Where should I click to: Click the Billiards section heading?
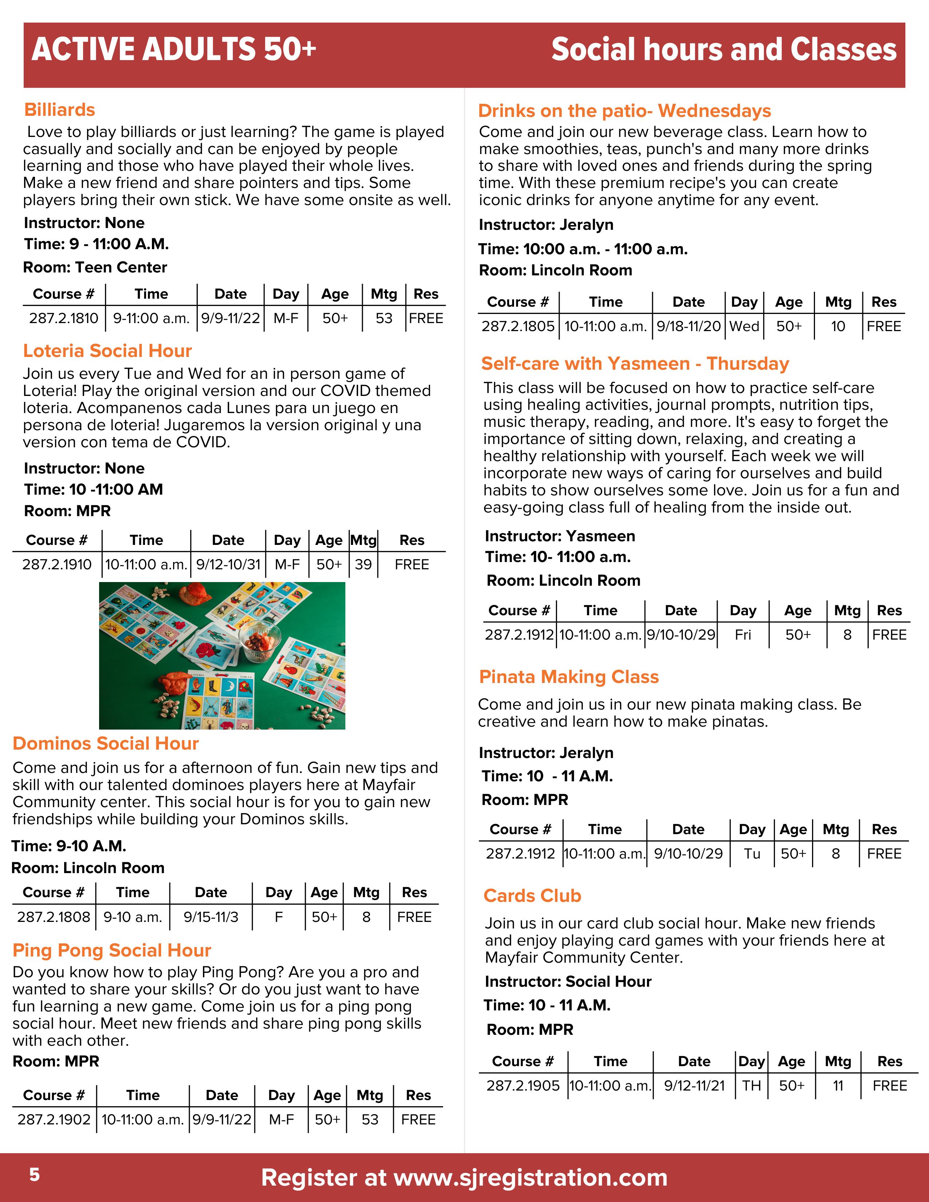coord(59,110)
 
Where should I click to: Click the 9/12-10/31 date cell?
coord(228,564)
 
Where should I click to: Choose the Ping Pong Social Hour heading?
coord(112,950)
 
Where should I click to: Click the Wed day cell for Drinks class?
coord(744,326)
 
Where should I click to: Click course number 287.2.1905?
coord(523,1085)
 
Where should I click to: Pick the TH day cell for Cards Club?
coord(751,1085)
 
